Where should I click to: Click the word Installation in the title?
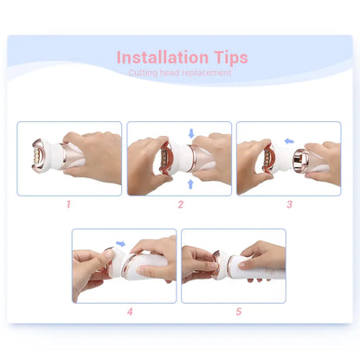tap(157, 58)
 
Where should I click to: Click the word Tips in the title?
tap(224, 58)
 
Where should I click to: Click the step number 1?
tap(68, 204)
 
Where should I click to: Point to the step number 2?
tap(180, 204)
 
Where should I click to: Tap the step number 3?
tap(289, 204)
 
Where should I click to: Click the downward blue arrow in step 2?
tap(191, 133)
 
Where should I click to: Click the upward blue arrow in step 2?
tap(191, 183)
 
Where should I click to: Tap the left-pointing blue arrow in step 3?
tap(290, 139)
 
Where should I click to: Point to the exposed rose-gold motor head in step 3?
tap(302, 159)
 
